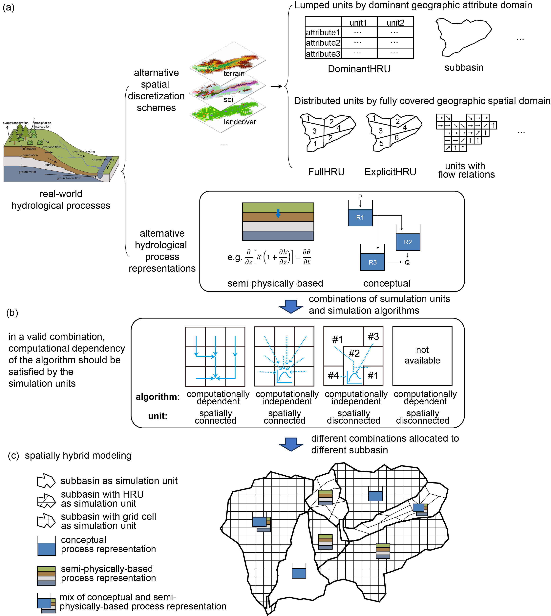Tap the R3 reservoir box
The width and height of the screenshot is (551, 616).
372,262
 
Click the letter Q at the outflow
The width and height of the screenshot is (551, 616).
407,262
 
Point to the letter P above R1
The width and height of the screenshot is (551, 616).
360,197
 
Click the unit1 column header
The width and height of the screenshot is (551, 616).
358,23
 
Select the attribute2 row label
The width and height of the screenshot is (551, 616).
323,43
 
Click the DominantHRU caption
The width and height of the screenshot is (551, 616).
359,69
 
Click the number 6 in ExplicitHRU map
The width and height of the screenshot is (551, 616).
397,138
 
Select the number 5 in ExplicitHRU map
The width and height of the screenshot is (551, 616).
381,143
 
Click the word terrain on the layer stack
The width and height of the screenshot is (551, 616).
234,73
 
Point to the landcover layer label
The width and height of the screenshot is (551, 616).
240,122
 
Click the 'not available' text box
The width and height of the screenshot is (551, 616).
422,355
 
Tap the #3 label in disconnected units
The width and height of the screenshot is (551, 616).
373,336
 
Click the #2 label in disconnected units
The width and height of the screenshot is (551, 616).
354,353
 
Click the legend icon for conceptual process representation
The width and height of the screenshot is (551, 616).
47,546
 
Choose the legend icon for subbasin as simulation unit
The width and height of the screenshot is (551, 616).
46,481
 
